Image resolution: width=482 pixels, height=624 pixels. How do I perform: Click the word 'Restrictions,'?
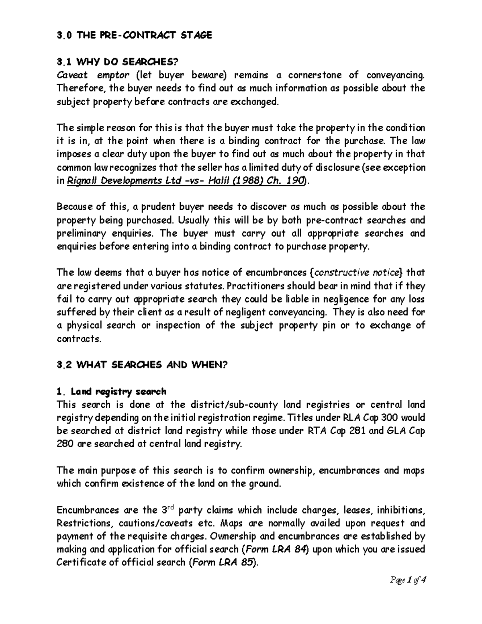(x=82, y=523)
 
